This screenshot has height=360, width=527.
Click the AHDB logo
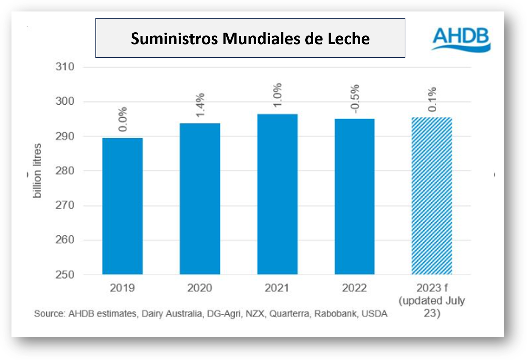point(461,39)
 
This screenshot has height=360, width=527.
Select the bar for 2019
point(122,206)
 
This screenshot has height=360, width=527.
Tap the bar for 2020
point(200,199)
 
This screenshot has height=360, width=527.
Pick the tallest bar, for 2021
point(277,194)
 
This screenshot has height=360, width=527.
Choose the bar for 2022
point(354,196)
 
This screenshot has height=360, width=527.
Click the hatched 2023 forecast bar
point(432,196)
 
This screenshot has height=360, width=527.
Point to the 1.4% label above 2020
point(200,105)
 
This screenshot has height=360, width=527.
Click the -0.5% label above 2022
point(355,99)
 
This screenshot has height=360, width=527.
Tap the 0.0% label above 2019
point(123,119)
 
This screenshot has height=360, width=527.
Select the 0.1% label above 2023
point(432,99)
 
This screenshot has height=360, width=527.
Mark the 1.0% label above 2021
point(277,95)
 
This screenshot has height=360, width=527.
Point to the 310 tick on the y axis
point(65,67)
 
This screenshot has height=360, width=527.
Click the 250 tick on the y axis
point(65,275)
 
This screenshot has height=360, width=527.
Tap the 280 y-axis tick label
point(65,171)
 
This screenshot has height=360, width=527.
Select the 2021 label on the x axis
point(277,288)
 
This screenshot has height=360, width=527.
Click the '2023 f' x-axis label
point(432,288)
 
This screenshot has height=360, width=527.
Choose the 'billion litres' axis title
point(37,171)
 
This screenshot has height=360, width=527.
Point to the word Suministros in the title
point(174,39)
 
